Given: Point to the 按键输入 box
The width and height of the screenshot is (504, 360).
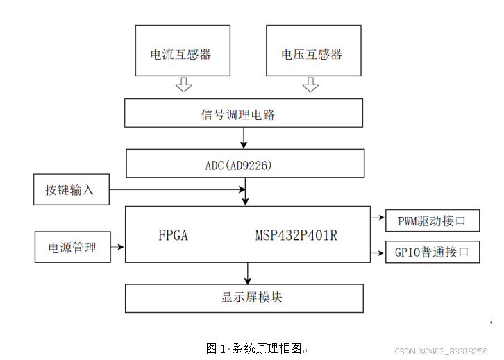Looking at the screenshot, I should (72, 189).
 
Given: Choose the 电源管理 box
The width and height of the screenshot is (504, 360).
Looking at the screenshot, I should (72, 247).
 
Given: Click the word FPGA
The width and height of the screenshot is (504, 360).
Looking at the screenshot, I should (173, 235).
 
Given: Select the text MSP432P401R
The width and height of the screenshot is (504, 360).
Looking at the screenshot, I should (296, 235).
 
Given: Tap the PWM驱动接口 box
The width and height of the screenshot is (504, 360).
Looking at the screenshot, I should (432, 221).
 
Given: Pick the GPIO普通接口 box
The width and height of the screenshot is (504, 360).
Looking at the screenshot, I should (432, 252).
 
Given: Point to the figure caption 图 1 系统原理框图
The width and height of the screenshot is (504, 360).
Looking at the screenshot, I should (255, 348).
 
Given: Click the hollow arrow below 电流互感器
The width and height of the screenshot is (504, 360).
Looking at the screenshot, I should (183, 85).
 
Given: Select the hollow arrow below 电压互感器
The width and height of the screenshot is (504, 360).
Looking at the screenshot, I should (310, 85).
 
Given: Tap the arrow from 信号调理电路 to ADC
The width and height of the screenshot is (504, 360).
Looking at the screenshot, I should (244, 138).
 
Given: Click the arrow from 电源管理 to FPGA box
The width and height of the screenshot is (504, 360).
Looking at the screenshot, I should (118, 246).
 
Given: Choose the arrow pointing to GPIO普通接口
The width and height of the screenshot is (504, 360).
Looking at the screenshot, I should (378, 251).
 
